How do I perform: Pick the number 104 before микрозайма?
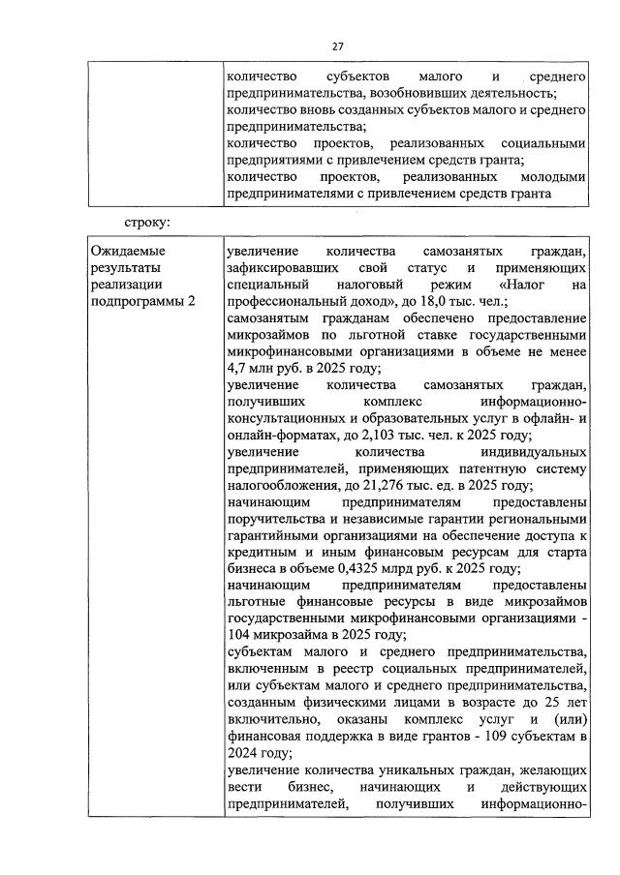click(x=239, y=635)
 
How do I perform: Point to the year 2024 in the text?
click(x=243, y=752)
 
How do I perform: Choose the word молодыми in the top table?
click(x=553, y=176)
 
